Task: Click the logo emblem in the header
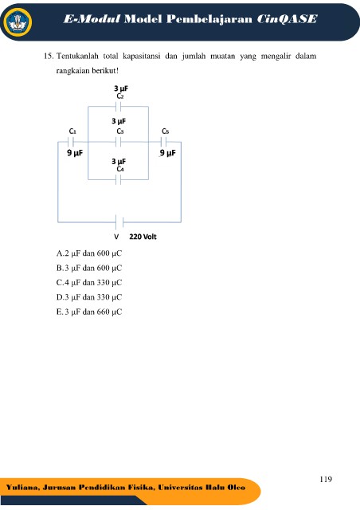18,22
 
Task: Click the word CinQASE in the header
287,19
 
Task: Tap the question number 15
49,57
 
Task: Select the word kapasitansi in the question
142,57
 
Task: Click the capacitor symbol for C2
119,106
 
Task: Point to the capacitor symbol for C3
119,142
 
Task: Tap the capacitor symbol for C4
119,179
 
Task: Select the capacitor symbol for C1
71,142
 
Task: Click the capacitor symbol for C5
164,142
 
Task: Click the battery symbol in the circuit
119,222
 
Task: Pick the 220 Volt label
143,237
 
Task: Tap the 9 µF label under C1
75,153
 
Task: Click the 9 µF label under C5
167,153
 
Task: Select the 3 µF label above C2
121,88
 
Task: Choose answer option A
89,253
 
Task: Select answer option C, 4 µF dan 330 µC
89,283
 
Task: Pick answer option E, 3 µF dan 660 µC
89,312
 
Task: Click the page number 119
326,479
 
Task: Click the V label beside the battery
116,237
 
